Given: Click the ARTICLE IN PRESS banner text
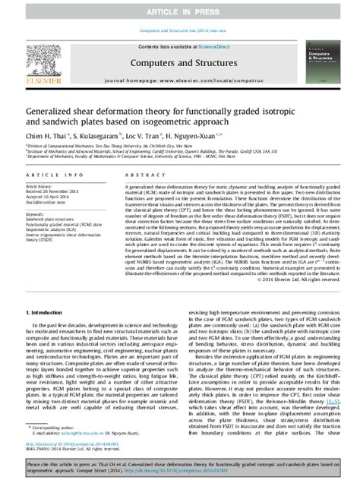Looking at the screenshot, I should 180,8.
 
